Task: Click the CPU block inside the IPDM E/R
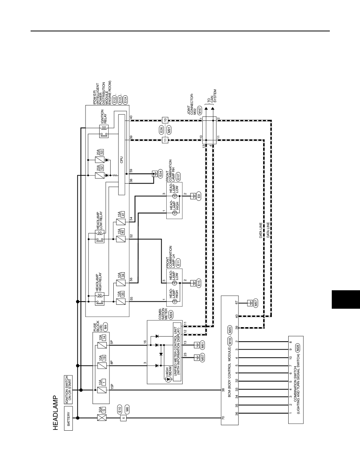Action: coord(122,155)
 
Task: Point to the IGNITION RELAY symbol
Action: coord(104,131)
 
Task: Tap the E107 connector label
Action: coord(178,177)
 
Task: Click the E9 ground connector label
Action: coord(199,196)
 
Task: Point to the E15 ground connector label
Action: coord(199,283)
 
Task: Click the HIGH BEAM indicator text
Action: coord(169,375)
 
